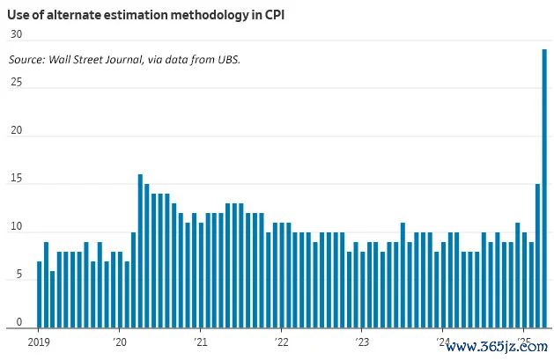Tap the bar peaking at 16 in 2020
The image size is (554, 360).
[x=140, y=251]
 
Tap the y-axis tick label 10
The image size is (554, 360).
[x=16, y=228]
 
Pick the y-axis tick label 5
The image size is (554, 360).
[x=18, y=276]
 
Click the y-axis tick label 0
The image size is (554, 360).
[x=18, y=323]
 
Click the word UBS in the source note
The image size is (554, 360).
[x=227, y=59]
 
